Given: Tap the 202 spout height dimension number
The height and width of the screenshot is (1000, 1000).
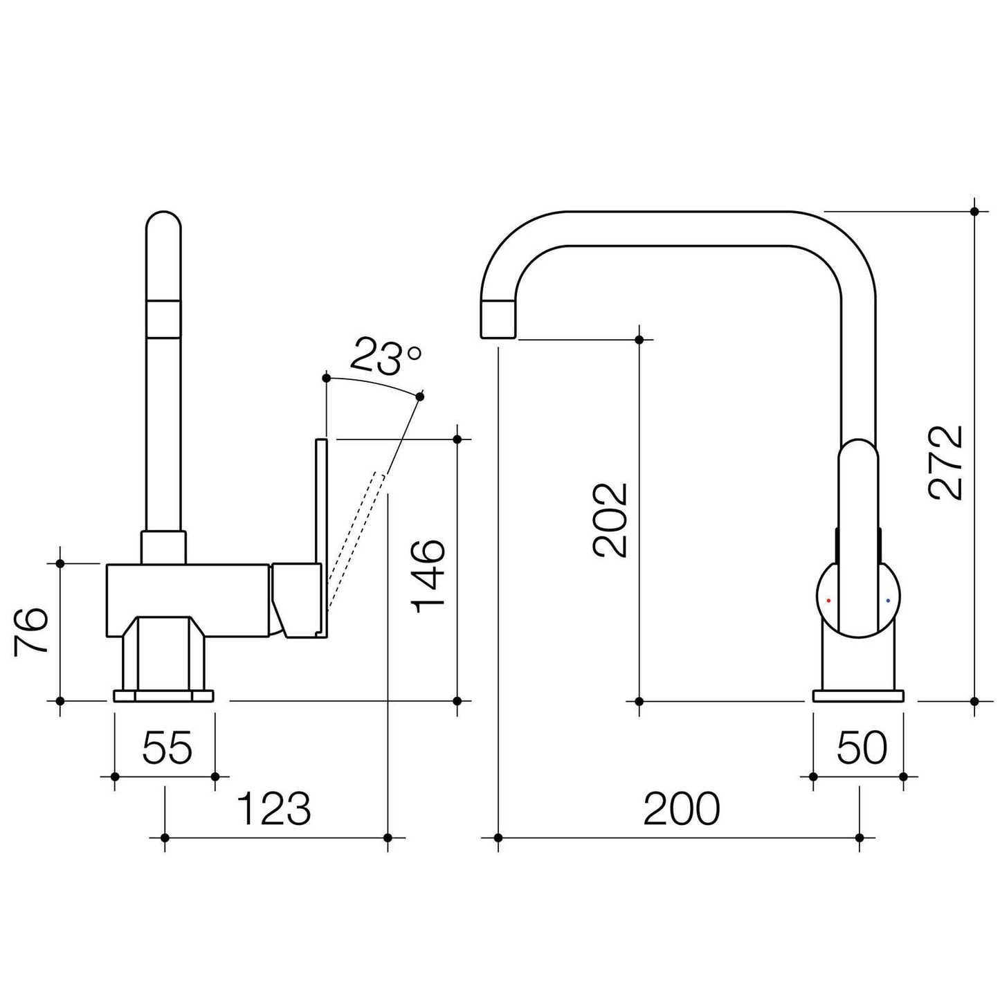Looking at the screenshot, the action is [610, 520].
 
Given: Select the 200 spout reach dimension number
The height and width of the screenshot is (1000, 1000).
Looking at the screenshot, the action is [682, 808].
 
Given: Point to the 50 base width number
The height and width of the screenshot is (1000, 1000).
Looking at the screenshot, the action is [862, 748].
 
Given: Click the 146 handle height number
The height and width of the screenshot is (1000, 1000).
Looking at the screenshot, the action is [428, 576].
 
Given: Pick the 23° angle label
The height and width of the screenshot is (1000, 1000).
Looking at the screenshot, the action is [385, 356].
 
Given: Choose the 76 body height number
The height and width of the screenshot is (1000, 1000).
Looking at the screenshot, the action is [31, 632].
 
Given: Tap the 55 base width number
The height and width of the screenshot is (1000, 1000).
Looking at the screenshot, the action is [167, 748].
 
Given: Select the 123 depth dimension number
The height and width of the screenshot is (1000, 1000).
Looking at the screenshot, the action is [274, 808].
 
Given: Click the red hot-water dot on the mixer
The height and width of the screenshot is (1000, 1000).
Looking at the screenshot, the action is [829, 601].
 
